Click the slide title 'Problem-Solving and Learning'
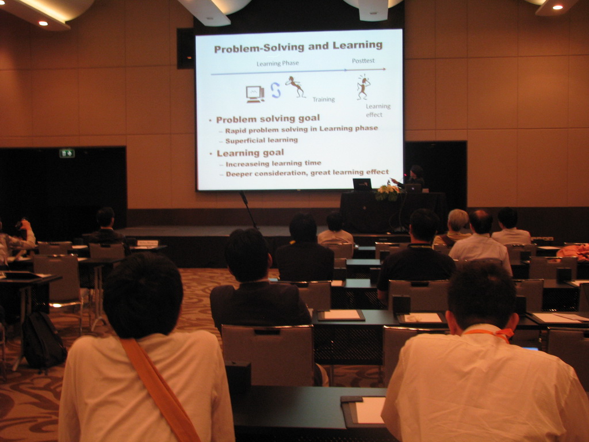(x=299, y=47)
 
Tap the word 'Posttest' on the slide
(x=364, y=60)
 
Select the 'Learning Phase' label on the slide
(x=278, y=63)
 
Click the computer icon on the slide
(x=255, y=94)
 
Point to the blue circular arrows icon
(x=276, y=90)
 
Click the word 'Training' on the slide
(x=324, y=99)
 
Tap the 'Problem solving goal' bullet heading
(x=268, y=119)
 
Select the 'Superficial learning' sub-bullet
(x=262, y=140)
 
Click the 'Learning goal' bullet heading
(x=250, y=153)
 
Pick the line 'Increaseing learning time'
(x=273, y=163)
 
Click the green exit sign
(x=67, y=153)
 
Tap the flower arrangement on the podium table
(x=388, y=193)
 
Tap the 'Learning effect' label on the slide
(x=378, y=110)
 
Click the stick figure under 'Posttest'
(x=364, y=87)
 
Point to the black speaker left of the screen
(x=186, y=48)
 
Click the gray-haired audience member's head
(x=458, y=220)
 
